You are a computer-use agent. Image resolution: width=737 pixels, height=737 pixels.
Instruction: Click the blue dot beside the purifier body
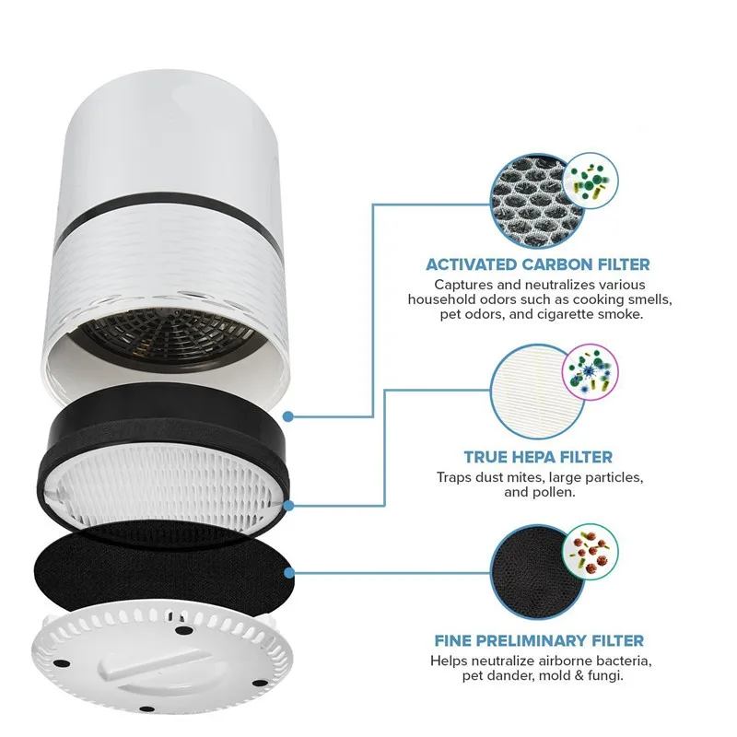pyautogui.click(x=289, y=415)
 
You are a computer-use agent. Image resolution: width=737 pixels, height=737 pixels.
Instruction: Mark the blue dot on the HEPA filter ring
pyautogui.click(x=289, y=506)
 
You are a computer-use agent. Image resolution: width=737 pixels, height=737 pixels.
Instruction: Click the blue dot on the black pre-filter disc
pyautogui.click(x=289, y=572)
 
